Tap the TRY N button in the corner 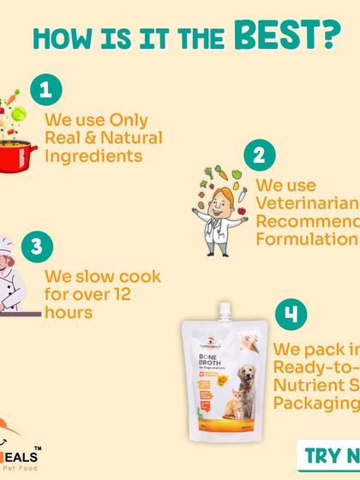tap(331, 453)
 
